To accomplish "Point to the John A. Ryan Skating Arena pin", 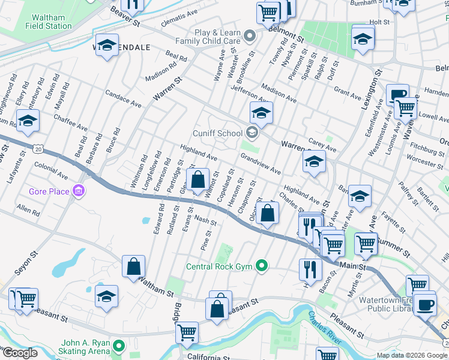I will coord(119,346).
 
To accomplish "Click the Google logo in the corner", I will coord(19,353).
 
